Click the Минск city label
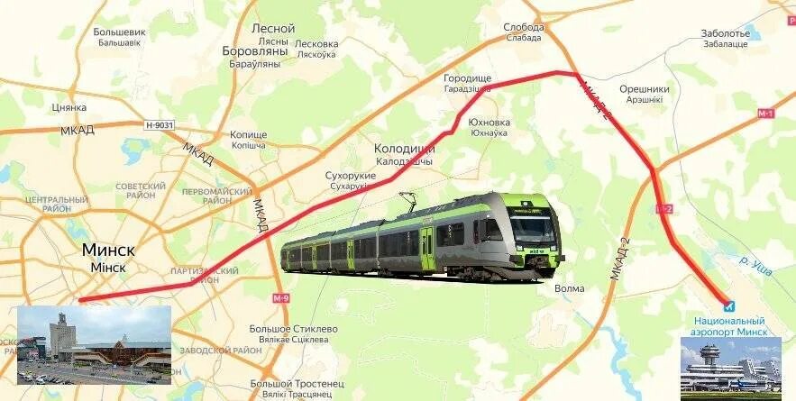coord(108,249)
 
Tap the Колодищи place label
coord(404,149)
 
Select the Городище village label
coord(467,78)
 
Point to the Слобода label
coord(523,27)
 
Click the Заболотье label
coord(725,33)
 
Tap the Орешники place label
coord(644,89)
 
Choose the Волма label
coord(570,288)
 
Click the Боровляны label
coord(254,51)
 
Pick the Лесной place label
coord(273,28)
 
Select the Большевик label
coord(119,32)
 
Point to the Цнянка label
coord(69,107)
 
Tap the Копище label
coord(249,134)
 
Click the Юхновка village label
coord(489,123)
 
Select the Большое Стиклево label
coord(293,329)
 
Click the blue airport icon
coord(729,306)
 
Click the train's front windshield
coord(532,229)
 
